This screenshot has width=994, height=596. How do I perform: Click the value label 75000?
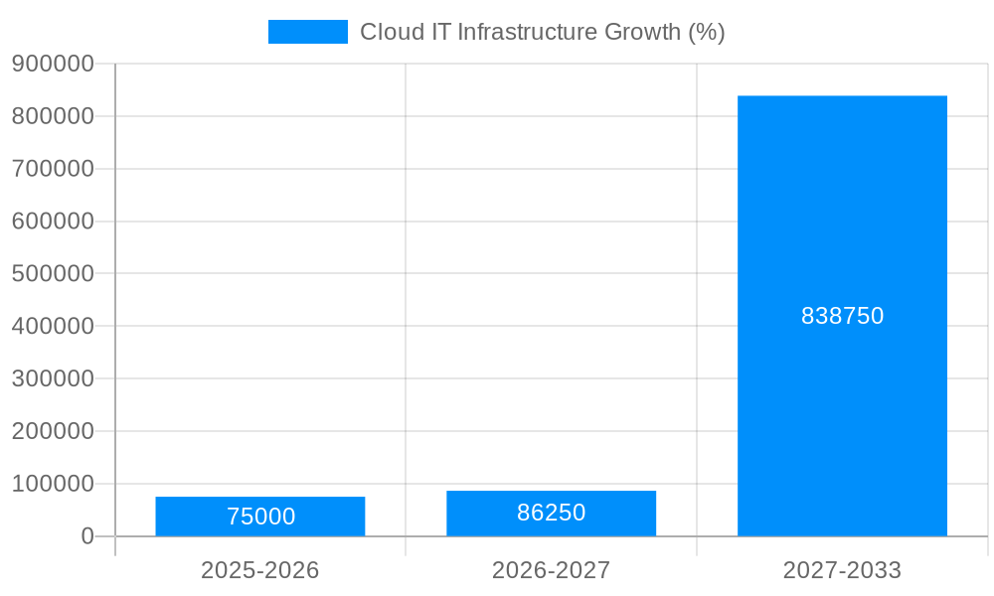pos(260,517)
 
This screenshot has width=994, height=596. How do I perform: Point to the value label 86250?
pos(551,513)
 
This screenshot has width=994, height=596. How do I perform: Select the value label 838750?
pos(842,316)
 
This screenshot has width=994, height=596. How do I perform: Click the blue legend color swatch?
pos(308,32)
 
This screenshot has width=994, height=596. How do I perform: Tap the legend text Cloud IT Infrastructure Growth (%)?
pos(542,32)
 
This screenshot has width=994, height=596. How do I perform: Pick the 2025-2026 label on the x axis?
pos(260,570)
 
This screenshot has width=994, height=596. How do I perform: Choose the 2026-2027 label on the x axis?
pos(551,570)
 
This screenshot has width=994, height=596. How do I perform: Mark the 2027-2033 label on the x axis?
pos(842,570)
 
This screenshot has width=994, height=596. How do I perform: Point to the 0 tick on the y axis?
pos(87,536)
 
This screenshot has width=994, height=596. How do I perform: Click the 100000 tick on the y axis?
pos(53,484)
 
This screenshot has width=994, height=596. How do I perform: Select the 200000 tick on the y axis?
pos(53,431)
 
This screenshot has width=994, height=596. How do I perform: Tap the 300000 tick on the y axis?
pos(53,378)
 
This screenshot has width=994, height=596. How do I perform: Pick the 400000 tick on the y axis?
pos(53,326)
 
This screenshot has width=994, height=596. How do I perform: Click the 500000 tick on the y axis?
pos(53,273)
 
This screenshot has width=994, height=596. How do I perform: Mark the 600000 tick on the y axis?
pos(53,221)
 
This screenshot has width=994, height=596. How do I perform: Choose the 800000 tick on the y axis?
pos(53,116)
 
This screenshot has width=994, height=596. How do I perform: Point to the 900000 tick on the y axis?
pos(53,64)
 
